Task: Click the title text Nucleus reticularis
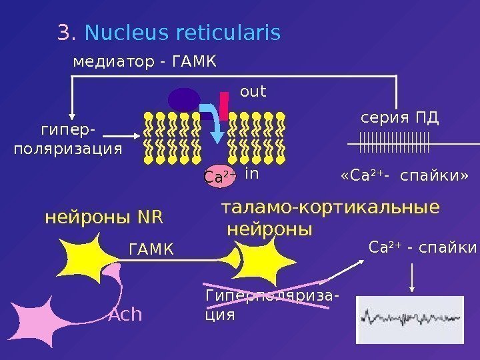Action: coord(183,33)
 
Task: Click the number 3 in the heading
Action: coord(64,33)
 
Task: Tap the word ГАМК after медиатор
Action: coord(194,63)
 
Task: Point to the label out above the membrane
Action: coord(253,91)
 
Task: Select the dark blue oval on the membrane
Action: coord(184,100)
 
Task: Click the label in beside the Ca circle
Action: coord(251,174)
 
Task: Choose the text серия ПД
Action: coord(399,119)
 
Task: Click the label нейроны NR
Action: coord(103,217)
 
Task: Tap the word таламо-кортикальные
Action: coord(330,208)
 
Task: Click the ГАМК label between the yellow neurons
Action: coord(150,249)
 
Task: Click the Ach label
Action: coord(125,314)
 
